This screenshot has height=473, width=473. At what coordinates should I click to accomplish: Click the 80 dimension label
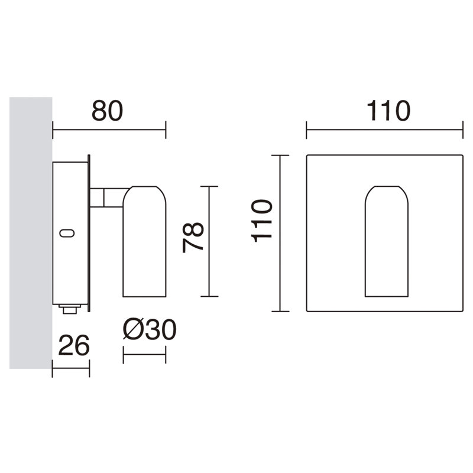pyautogui.click(x=108, y=111)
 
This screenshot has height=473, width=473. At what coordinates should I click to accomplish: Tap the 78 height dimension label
pyautogui.click(x=193, y=237)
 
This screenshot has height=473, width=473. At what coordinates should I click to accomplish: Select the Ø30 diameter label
pyautogui.click(x=150, y=329)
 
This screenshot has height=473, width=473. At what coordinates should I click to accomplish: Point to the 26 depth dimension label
pyautogui.click(x=74, y=345)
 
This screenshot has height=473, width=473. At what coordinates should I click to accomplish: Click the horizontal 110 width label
pyautogui.click(x=388, y=111)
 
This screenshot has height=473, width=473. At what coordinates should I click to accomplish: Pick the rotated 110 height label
pyautogui.click(x=262, y=221)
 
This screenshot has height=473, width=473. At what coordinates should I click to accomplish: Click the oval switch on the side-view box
pyautogui.click(x=67, y=233)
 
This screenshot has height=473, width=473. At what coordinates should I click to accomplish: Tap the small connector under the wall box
pyautogui.click(x=70, y=309)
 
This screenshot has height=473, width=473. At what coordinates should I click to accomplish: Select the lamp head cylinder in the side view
pyautogui.click(x=144, y=241)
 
